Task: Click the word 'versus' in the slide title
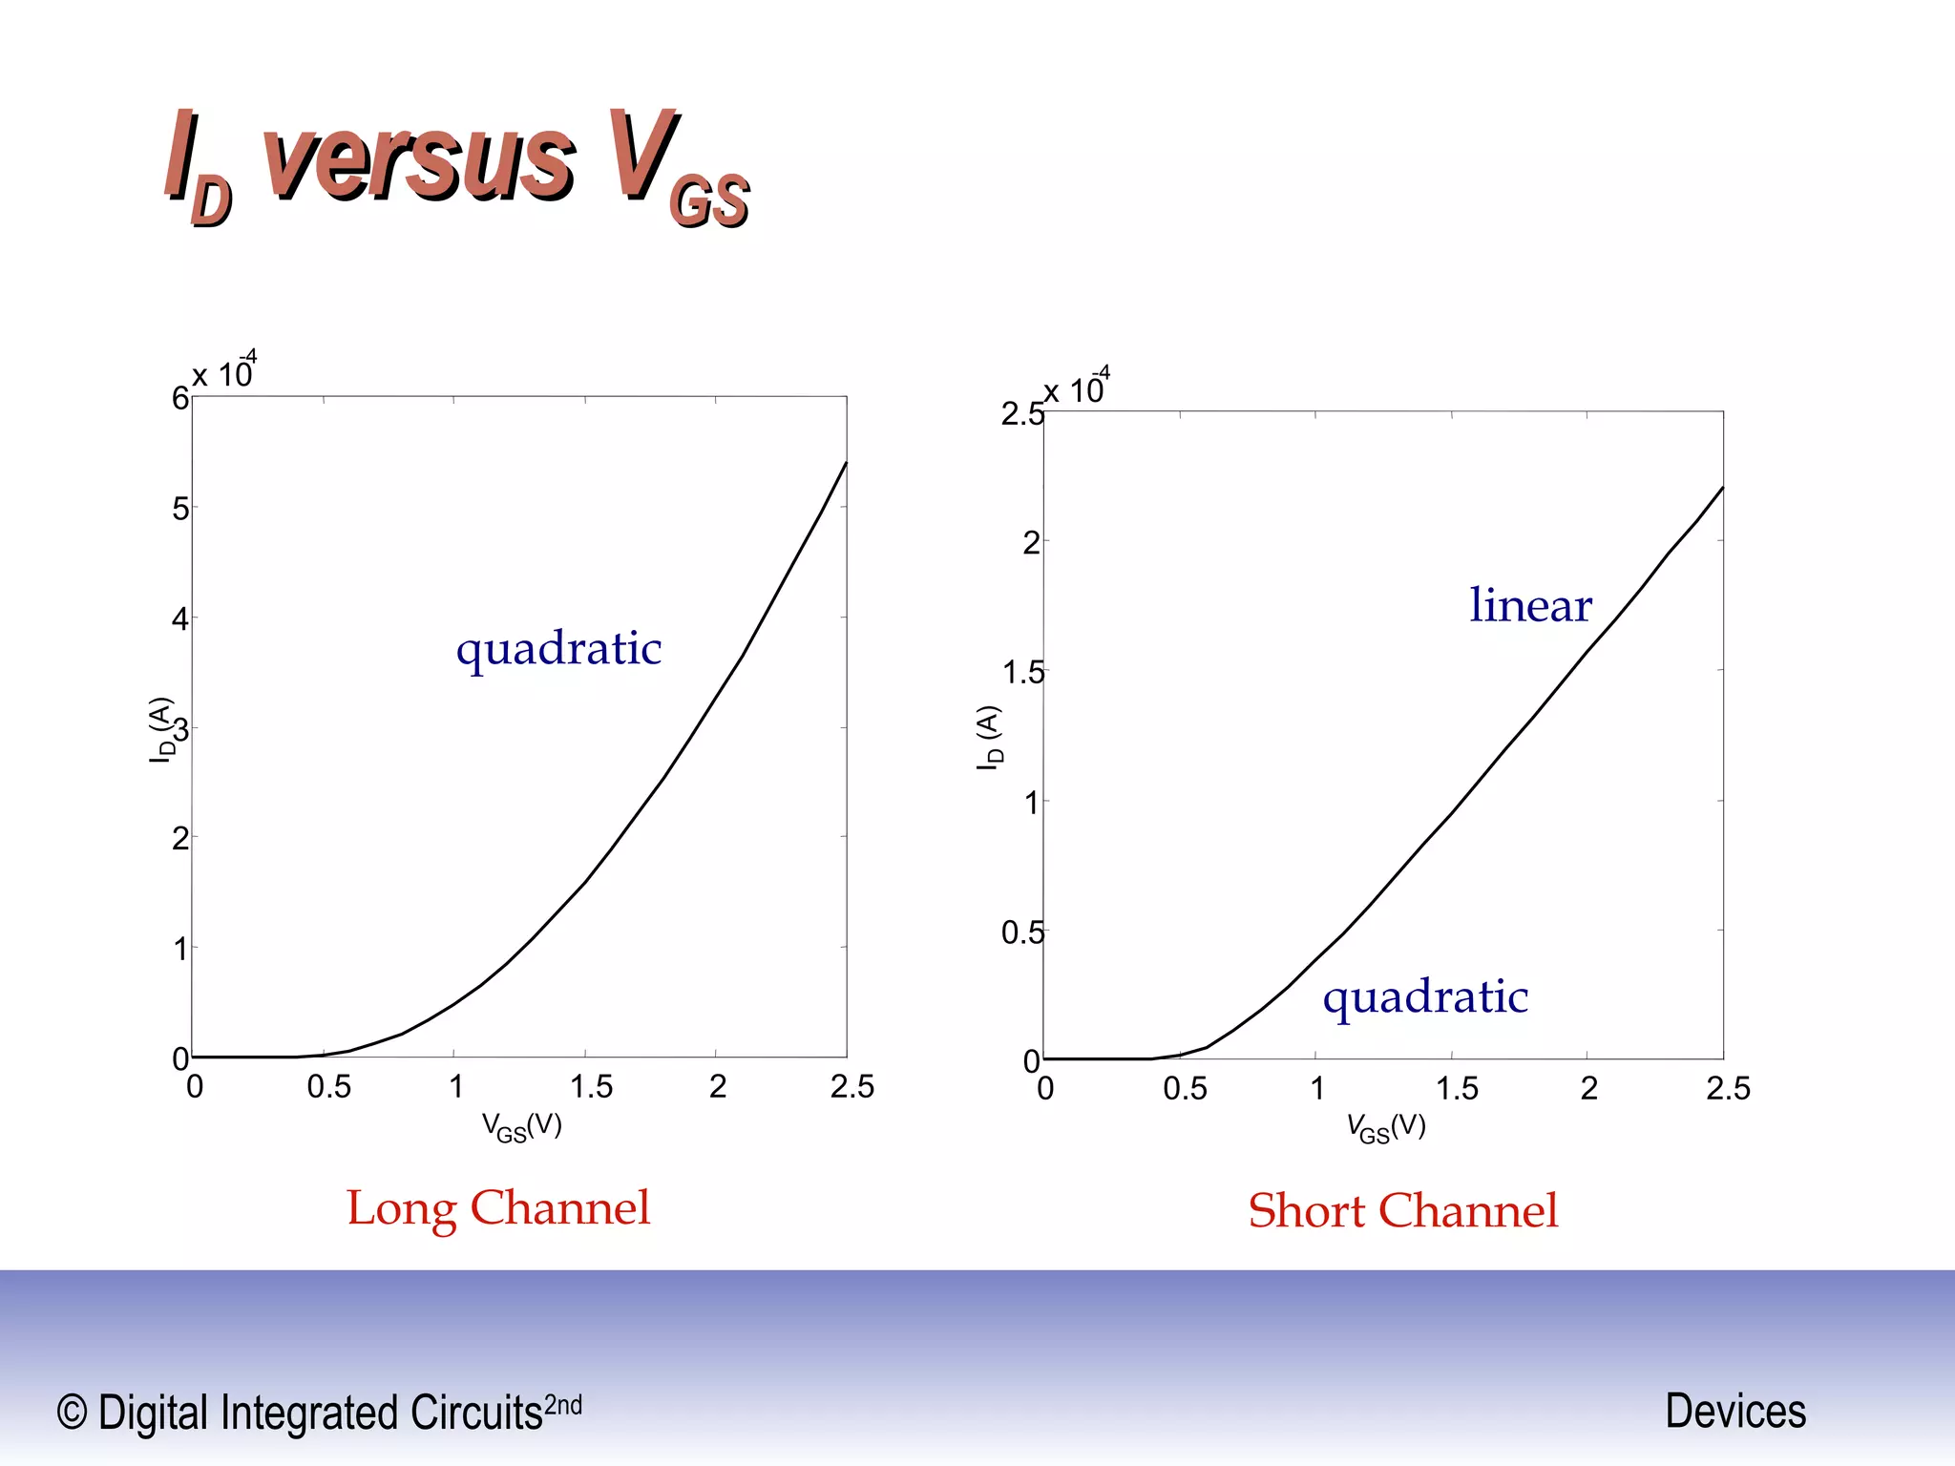(x=420, y=157)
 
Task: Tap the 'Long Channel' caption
(x=497, y=1208)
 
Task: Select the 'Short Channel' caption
(x=1402, y=1211)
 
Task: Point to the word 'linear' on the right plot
(x=1530, y=605)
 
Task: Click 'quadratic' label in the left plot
(x=558, y=649)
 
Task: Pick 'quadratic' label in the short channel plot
(x=1425, y=997)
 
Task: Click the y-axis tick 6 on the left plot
(x=179, y=398)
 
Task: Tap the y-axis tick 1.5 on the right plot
(x=1022, y=673)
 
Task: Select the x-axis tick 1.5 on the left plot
(x=591, y=1086)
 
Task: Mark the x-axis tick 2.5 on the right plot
(x=1728, y=1088)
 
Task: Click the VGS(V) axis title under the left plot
(x=521, y=1127)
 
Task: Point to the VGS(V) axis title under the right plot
(x=1386, y=1128)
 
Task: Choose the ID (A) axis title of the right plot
(x=990, y=738)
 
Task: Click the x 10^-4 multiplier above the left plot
(x=224, y=372)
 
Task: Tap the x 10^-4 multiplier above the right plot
(x=1076, y=387)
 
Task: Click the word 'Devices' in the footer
(x=1734, y=1411)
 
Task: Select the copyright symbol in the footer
(x=73, y=1412)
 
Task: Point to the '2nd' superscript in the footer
(x=562, y=1405)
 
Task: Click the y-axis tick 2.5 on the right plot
(x=1020, y=414)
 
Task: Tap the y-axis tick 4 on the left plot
(x=179, y=619)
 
